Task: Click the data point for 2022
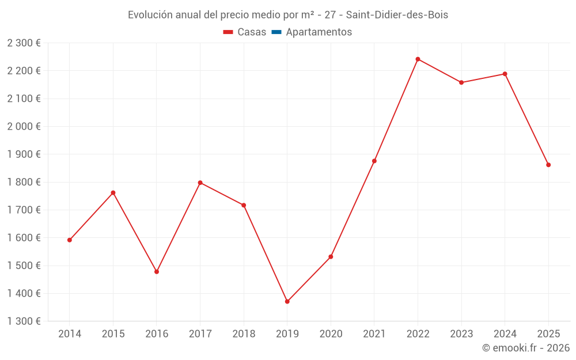click(x=418, y=59)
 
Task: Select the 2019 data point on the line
click(x=287, y=301)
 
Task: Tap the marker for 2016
click(x=157, y=272)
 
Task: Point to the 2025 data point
click(x=548, y=165)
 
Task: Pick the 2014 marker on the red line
click(x=70, y=240)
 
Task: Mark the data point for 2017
click(x=200, y=183)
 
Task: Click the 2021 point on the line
click(x=374, y=161)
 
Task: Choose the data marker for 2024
click(x=505, y=74)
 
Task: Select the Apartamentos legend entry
click(x=319, y=32)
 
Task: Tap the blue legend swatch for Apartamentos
click(x=276, y=32)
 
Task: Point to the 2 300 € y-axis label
click(x=24, y=43)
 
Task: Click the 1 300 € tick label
click(x=24, y=321)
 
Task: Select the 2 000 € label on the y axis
click(x=24, y=127)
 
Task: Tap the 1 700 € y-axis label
click(x=24, y=210)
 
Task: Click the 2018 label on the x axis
click(x=244, y=334)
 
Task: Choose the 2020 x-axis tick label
click(x=331, y=334)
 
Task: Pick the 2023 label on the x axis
click(x=461, y=334)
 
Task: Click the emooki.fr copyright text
click(x=526, y=348)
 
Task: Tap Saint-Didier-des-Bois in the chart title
click(x=397, y=15)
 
